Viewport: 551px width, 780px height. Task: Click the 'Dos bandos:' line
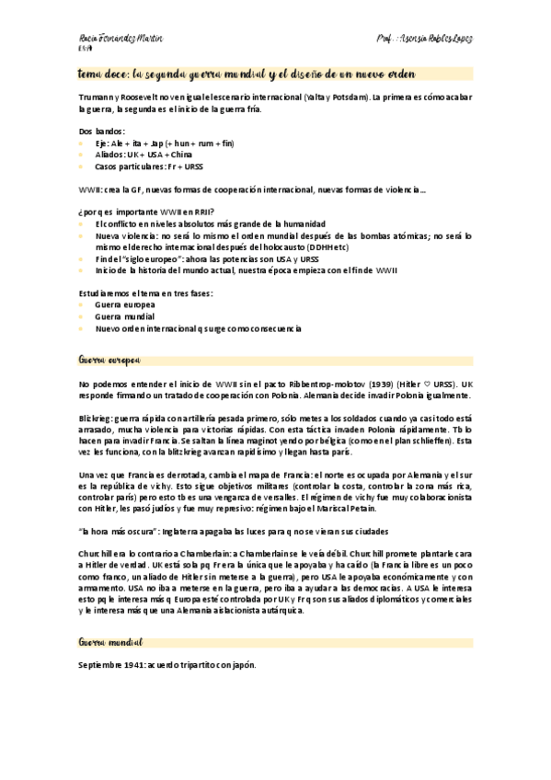pyautogui.click(x=102, y=132)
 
